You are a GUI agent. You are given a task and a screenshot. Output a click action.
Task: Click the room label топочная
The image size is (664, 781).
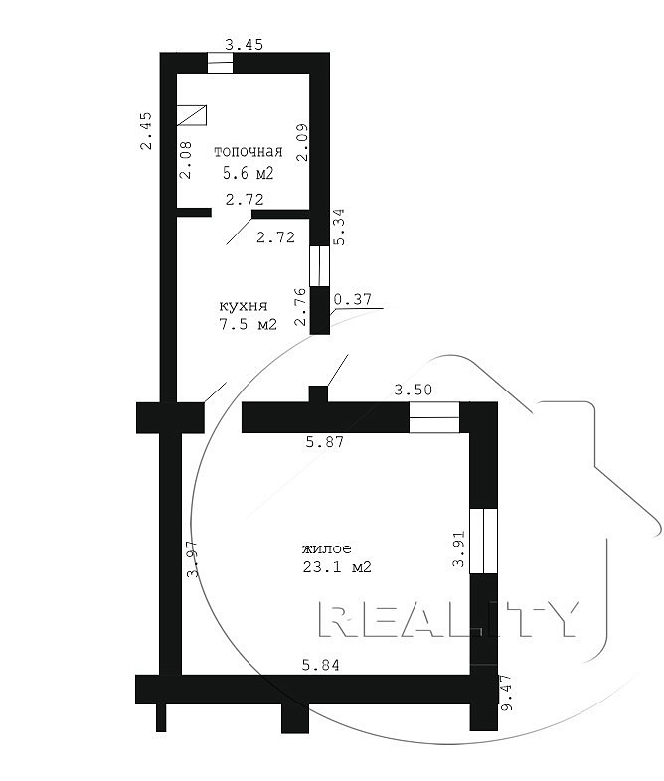pyautogui.click(x=249, y=152)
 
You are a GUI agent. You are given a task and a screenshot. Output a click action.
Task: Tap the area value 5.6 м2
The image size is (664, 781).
pyautogui.click(x=249, y=173)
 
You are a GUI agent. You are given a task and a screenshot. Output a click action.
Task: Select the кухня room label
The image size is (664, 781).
pyautogui.click(x=244, y=305)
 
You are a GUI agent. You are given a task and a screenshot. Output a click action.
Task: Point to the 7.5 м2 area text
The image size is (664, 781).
pyautogui.click(x=249, y=324)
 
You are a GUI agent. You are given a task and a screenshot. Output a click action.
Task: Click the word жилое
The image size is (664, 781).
pyautogui.click(x=327, y=548)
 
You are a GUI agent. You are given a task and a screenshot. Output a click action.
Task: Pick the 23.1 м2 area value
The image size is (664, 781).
pyautogui.click(x=337, y=566)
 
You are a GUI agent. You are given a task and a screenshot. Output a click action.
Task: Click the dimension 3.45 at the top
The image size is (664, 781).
pyautogui.click(x=245, y=45)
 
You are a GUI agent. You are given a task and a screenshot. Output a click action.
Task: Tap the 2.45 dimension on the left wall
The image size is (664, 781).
pyautogui.click(x=146, y=130)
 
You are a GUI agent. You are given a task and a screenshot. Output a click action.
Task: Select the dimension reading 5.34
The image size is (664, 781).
pyautogui.click(x=339, y=227)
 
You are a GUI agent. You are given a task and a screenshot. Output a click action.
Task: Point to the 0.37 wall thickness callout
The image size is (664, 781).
pyautogui.click(x=353, y=299)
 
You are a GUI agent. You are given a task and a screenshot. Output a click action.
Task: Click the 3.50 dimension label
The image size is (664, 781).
pyautogui.click(x=413, y=389)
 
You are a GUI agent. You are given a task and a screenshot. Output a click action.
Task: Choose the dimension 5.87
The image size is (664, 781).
pyautogui.click(x=325, y=441)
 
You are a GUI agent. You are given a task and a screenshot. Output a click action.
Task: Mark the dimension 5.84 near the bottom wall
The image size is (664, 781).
pyautogui.click(x=321, y=665)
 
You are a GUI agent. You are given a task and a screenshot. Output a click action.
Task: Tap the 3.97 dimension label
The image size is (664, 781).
pyautogui.click(x=193, y=558)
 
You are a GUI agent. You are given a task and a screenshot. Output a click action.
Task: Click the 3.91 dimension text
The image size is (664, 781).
pyautogui.click(x=458, y=548)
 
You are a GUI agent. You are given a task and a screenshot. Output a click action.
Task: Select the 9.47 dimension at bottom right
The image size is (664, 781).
pyautogui.click(x=506, y=693)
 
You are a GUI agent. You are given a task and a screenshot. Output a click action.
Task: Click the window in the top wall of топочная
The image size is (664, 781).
pyautogui.click(x=220, y=63)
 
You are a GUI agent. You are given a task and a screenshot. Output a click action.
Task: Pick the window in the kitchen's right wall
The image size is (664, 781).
pyautogui.click(x=320, y=266)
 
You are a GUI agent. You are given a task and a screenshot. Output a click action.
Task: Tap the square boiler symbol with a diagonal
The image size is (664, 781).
pyautogui.click(x=192, y=115)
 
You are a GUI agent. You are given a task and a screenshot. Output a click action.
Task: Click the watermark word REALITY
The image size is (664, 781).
pyautogui.click(x=448, y=619)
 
